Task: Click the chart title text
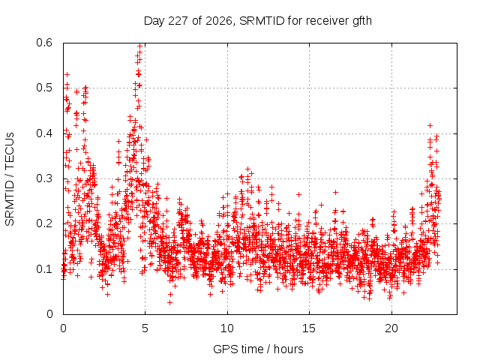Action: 258,21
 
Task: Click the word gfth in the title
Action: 362,21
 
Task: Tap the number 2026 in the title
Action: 220,21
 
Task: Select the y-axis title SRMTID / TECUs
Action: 10,179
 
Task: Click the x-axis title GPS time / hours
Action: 258,349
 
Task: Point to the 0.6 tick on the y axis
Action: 44,43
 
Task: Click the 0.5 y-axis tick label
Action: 44,88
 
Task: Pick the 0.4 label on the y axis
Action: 44,133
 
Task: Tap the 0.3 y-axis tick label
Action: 44,178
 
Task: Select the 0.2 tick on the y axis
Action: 44,223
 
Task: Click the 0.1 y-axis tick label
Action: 44,269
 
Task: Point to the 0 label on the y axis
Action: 49,314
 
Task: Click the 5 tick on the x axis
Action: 145,328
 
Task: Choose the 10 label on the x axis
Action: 227,328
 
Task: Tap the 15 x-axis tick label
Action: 309,328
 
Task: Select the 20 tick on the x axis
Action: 391,328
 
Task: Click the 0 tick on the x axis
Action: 63,328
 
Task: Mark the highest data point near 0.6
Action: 140,46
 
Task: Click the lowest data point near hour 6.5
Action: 169,303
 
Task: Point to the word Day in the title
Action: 154,21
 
